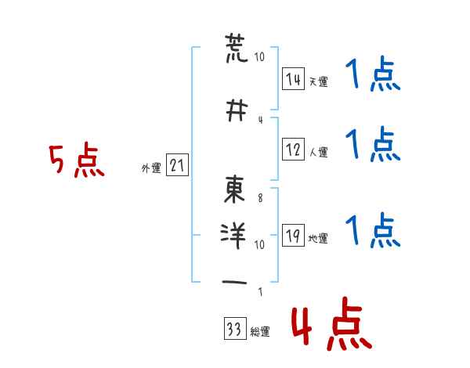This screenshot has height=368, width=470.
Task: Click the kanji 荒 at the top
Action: point(237,49)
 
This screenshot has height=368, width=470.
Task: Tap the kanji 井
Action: point(237,110)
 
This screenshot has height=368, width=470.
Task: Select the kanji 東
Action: point(234,189)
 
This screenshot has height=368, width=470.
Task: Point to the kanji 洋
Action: point(233,236)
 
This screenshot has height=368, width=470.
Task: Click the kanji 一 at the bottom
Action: point(234,283)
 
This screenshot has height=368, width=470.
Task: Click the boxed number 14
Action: point(293,79)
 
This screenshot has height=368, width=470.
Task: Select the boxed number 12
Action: point(293,150)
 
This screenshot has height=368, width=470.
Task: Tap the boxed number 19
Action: point(293,235)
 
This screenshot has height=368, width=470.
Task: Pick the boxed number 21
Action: point(177,165)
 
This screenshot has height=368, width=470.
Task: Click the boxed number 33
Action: point(235,329)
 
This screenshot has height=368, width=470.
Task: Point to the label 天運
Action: point(319,81)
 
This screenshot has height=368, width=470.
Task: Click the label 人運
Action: point(319,152)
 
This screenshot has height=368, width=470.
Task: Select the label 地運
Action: point(318,238)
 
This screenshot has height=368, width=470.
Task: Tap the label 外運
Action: point(151,168)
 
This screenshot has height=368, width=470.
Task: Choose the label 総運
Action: point(260,332)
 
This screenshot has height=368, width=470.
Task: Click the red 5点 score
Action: point(77,160)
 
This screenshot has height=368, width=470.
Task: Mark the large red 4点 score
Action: point(332,324)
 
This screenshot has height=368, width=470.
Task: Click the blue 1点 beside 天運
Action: point(373,74)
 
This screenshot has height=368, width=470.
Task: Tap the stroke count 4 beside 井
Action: point(261,120)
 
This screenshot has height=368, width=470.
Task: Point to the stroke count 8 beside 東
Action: point(260,198)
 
